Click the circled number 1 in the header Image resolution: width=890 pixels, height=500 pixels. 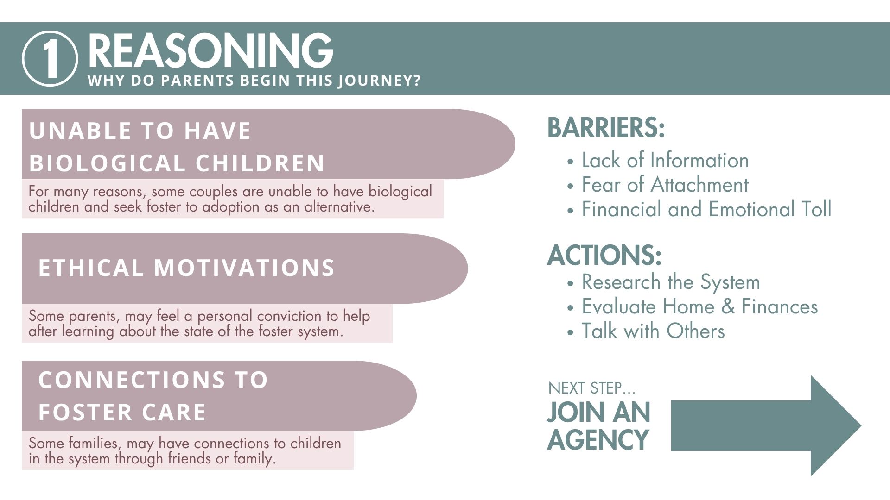[50, 58]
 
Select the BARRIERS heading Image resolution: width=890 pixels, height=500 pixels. [606, 127]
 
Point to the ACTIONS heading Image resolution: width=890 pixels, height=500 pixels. [604, 255]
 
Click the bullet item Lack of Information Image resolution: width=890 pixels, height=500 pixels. [665, 160]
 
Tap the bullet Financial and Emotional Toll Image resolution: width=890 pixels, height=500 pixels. [706, 209]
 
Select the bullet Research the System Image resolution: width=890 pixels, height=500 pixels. [671, 282]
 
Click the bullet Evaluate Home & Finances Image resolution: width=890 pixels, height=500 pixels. [699, 306]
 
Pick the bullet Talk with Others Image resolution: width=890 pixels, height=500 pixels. [653, 331]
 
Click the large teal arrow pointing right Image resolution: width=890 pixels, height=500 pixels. [766, 425]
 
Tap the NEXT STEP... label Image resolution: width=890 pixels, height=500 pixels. [592, 388]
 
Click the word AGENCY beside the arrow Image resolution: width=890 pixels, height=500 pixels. [598, 439]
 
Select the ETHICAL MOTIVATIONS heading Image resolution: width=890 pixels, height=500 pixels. [186, 268]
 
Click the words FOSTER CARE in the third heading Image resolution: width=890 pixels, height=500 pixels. [122, 412]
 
